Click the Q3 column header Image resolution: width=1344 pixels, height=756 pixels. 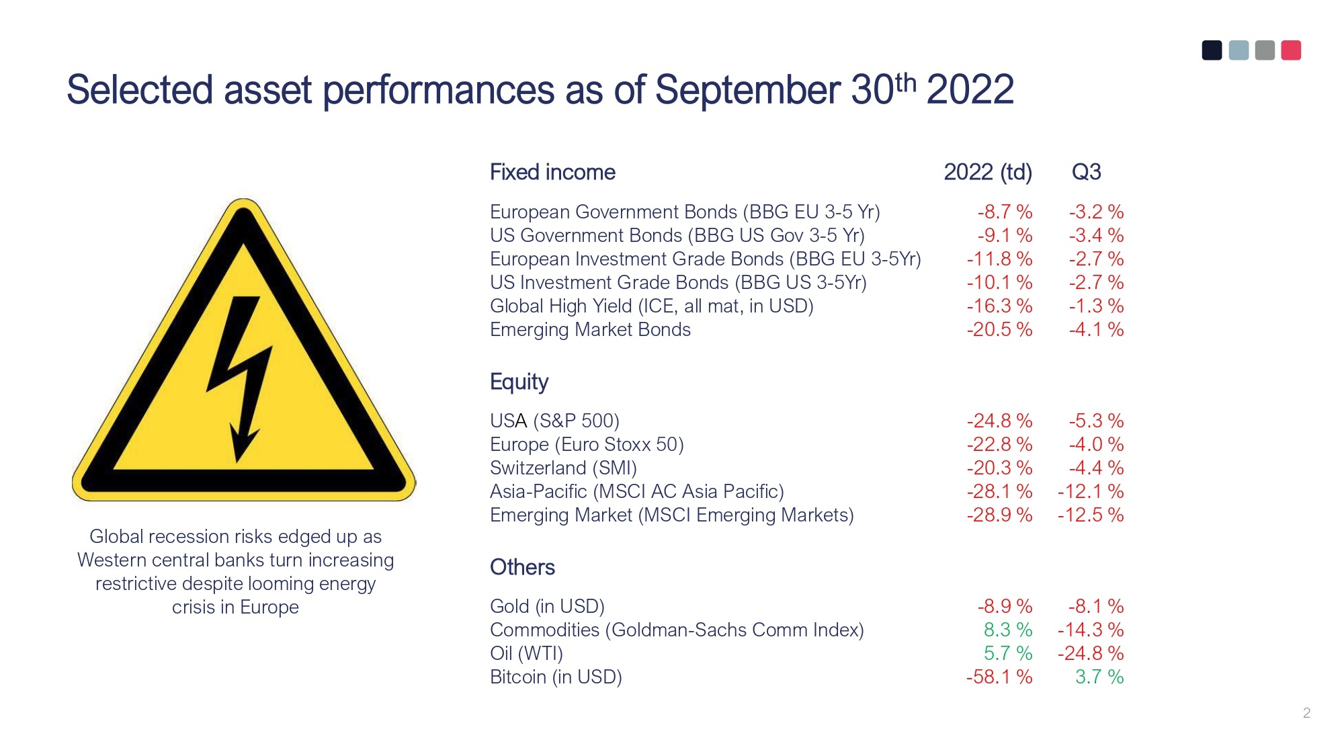(x=1086, y=172)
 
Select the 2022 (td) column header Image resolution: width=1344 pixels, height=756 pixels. (x=988, y=173)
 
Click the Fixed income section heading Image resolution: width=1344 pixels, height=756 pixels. (x=552, y=172)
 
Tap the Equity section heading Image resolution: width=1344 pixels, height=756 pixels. (x=519, y=382)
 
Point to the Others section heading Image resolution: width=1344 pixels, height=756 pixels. (x=522, y=567)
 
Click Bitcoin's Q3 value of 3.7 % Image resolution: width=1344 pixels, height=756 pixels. (x=1099, y=677)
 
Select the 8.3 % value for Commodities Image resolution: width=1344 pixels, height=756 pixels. (x=1008, y=630)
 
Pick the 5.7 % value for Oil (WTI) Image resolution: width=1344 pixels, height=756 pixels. (x=1008, y=653)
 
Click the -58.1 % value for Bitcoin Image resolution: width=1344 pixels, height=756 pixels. (x=999, y=677)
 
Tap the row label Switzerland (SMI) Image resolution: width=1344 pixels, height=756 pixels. (x=563, y=468)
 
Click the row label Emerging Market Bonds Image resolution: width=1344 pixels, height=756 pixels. (x=590, y=329)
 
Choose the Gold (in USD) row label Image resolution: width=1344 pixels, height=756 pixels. (x=547, y=606)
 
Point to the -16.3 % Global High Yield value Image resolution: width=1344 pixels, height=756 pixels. (x=999, y=306)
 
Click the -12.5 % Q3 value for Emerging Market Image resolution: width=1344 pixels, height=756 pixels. (x=1091, y=515)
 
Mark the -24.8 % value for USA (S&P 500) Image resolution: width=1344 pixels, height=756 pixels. (x=999, y=421)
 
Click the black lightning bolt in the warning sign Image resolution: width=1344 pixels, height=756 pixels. (x=241, y=376)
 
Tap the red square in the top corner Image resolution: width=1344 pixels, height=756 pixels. (x=1291, y=50)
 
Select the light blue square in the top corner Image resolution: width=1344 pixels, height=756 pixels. (x=1238, y=50)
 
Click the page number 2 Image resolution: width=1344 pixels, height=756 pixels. (x=1306, y=713)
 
